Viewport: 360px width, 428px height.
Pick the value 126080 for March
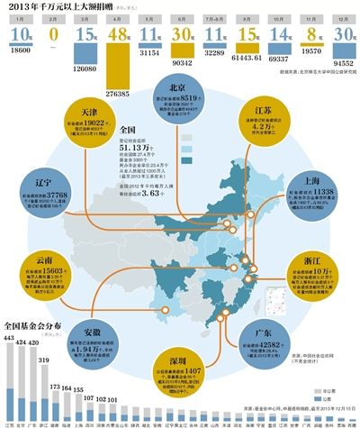(86, 68)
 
